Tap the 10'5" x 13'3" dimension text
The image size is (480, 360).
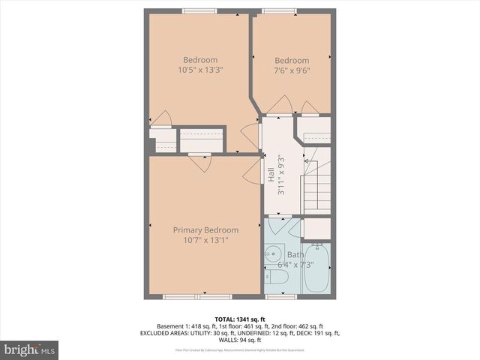200,70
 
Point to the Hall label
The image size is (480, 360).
271,175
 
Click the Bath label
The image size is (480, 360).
295,254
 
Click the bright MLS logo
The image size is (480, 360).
30,349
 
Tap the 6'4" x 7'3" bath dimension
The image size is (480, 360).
295,264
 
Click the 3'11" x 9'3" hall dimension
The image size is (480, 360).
280,175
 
